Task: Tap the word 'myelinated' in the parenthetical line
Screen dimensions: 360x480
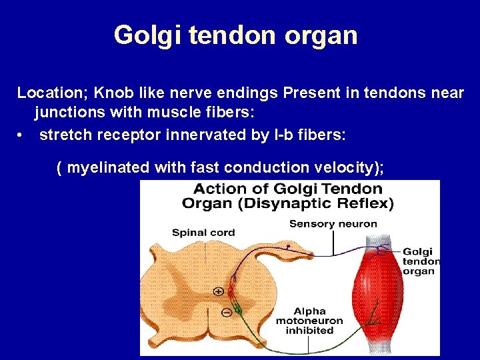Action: pyautogui.click(x=109, y=167)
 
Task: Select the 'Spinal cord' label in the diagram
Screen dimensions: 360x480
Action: pyautogui.click(x=203, y=233)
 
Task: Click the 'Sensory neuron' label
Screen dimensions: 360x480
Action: pyautogui.click(x=333, y=224)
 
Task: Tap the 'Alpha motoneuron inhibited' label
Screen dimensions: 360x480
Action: pyautogui.click(x=309, y=321)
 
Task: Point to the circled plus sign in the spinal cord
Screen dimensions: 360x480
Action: pyautogui.click(x=218, y=291)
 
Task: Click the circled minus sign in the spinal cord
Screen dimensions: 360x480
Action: pyautogui.click(x=226, y=311)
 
